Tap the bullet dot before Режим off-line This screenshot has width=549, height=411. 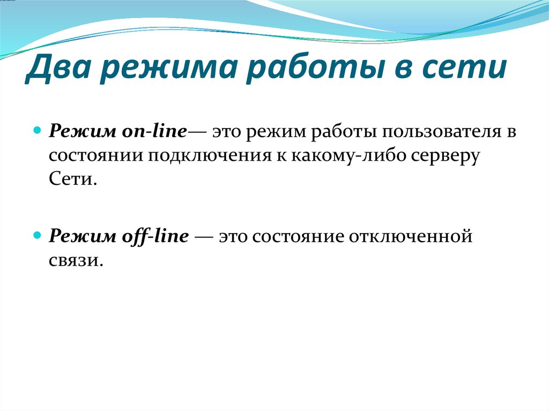pyautogui.click(x=37, y=235)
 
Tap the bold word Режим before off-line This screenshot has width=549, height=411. pyautogui.click(x=78, y=236)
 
